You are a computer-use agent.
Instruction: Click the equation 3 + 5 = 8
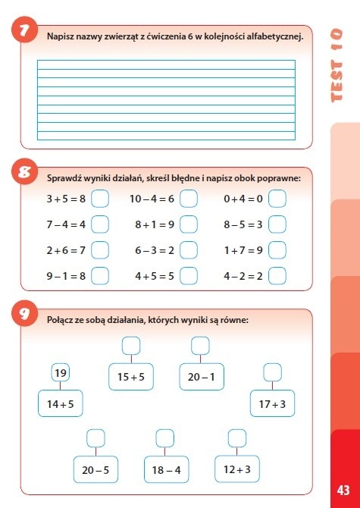click(x=66, y=199)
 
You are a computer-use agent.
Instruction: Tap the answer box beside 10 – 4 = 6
click(x=189, y=199)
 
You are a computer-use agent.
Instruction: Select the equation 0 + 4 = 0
click(x=243, y=199)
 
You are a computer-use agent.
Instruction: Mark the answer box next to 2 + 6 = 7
click(x=100, y=249)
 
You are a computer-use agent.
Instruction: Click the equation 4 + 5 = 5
click(x=155, y=275)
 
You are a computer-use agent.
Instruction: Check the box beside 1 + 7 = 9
click(x=277, y=249)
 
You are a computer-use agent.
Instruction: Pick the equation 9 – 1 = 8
click(x=66, y=275)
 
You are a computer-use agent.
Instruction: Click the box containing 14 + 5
click(x=61, y=403)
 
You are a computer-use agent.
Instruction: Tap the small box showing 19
click(x=61, y=373)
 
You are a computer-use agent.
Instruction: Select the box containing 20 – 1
click(x=201, y=377)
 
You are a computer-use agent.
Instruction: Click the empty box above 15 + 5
click(x=131, y=346)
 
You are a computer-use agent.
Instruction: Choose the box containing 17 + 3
click(x=272, y=403)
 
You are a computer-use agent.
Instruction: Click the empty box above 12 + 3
click(x=237, y=437)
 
